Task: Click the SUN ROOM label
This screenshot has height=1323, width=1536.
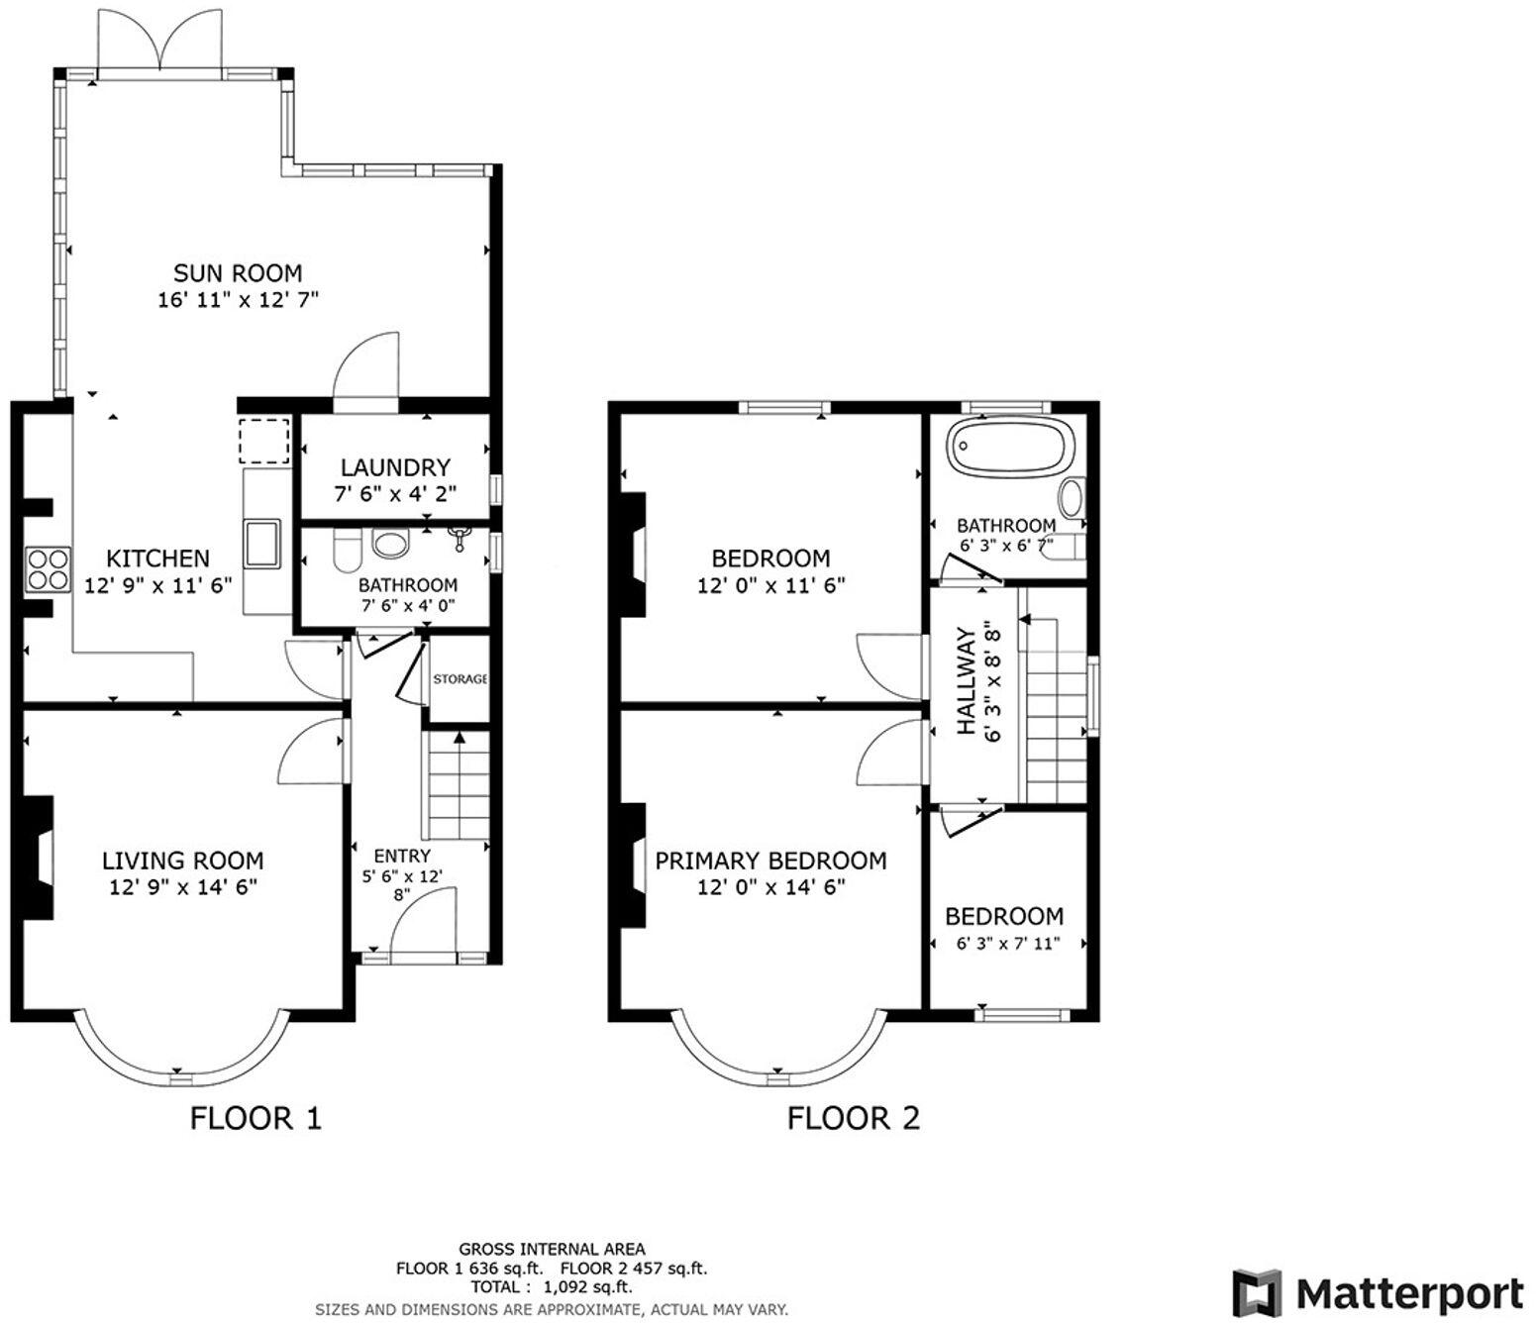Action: [x=238, y=273]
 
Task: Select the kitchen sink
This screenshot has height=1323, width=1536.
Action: [x=263, y=544]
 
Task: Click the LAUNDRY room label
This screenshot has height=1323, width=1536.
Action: [x=395, y=467]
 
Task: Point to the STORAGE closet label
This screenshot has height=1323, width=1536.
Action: [x=460, y=679]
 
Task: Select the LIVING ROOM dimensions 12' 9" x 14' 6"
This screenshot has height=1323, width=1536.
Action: [x=183, y=887]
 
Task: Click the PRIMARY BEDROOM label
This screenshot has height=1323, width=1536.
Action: [x=770, y=861]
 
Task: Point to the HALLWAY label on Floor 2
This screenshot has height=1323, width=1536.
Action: [x=967, y=680]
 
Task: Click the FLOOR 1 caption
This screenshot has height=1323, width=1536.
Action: [x=256, y=1119]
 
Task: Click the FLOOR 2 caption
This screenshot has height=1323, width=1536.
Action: [x=853, y=1119]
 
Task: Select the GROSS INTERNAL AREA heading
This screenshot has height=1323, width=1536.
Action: [x=552, y=1250]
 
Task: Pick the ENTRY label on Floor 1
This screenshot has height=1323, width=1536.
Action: [x=402, y=856]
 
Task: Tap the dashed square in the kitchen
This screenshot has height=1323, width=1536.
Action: [x=263, y=442]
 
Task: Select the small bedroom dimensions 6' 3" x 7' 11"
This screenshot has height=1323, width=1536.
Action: [x=1007, y=944]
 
